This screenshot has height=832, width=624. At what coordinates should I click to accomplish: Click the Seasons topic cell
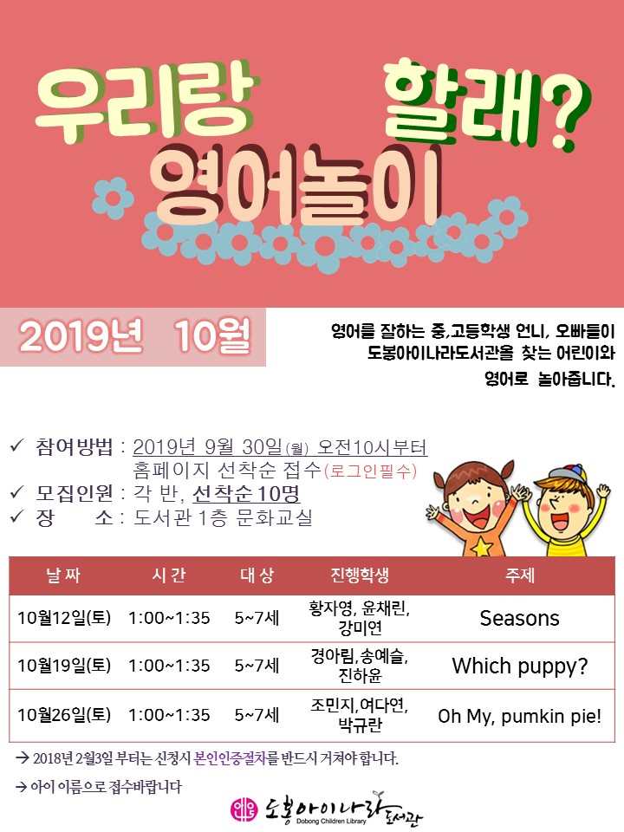click(519, 618)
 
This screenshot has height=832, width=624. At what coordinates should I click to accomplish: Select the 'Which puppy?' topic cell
click(519, 666)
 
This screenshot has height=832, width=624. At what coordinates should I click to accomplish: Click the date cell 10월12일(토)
click(64, 618)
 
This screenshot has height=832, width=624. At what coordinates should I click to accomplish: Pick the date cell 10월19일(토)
click(64, 666)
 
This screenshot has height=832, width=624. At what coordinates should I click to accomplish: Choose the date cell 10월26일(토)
click(64, 715)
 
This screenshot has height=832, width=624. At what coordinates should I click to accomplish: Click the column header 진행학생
click(360, 575)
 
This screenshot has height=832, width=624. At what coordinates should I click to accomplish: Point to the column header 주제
click(519, 575)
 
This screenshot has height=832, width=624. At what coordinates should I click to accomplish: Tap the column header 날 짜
click(63, 575)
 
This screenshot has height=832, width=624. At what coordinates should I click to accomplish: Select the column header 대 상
click(257, 575)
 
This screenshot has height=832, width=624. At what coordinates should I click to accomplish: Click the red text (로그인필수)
click(370, 471)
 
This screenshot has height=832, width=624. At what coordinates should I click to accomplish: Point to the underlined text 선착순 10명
click(246, 494)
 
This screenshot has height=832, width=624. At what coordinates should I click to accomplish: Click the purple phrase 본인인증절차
click(230, 758)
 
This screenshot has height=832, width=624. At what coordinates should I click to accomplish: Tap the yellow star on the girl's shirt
click(482, 548)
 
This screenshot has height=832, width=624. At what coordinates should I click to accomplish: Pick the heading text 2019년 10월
click(134, 336)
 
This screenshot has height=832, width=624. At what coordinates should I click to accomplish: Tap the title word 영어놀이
click(295, 185)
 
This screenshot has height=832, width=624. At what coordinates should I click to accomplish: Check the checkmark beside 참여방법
click(16, 445)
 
